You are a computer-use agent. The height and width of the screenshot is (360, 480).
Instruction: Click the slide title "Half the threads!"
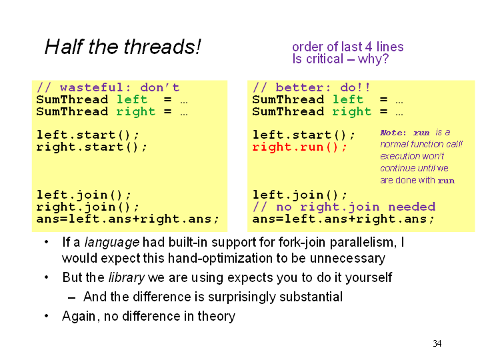(x=123, y=47)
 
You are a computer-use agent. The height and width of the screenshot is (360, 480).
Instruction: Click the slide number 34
(x=437, y=343)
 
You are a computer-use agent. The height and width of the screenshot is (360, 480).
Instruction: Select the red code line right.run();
(x=300, y=147)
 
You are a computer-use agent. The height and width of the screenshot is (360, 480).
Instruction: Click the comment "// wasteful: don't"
(x=108, y=87)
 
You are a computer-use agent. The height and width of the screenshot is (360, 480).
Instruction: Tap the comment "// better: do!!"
(x=311, y=87)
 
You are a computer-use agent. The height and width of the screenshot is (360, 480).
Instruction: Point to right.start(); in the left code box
(x=92, y=147)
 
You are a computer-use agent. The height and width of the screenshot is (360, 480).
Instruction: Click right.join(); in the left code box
(x=88, y=207)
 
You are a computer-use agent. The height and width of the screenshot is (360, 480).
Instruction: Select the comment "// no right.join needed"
(x=344, y=207)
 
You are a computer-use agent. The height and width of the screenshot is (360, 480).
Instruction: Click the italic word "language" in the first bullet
(x=112, y=243)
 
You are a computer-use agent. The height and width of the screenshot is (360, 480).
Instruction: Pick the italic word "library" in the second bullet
(x=127, y=277)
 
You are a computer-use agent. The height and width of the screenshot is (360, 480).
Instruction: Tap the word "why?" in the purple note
(x=373, y=59)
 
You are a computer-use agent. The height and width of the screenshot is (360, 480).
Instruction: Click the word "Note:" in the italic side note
(x=393, y=133)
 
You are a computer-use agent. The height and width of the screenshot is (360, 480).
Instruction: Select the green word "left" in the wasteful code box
(x=132, y=99)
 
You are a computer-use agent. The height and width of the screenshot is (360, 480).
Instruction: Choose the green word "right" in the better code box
(x=352, y=112)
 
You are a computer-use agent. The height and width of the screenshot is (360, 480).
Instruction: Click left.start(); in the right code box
(x=304, y=135)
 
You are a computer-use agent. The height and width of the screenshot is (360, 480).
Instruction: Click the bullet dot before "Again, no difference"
(x=47, y=315)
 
